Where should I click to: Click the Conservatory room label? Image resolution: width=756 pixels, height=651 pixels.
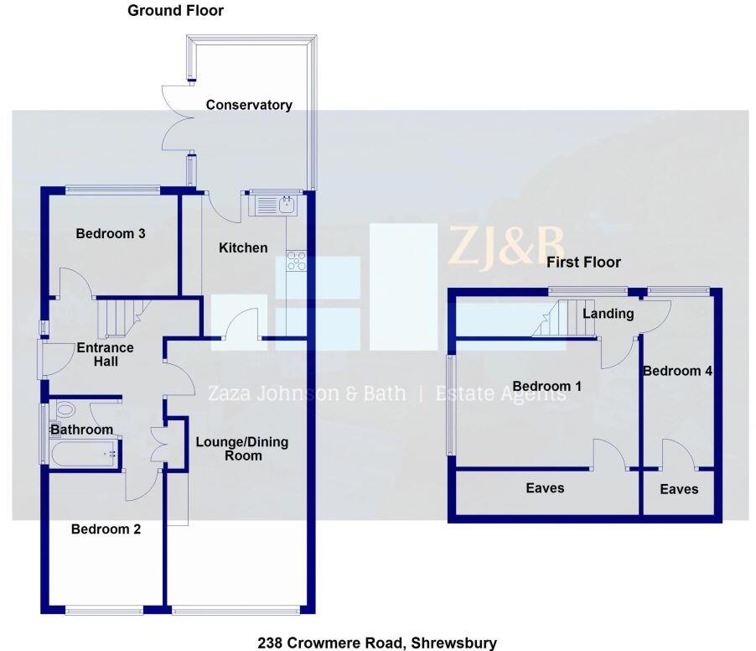249,105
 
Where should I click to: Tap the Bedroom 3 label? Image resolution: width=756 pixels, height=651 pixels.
111,233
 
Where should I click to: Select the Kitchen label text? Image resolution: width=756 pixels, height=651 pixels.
243,247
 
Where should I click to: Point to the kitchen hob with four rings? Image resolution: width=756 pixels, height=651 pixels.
297,261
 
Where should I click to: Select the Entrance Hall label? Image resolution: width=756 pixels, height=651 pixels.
105,354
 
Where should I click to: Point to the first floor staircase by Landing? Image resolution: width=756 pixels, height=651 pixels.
555,320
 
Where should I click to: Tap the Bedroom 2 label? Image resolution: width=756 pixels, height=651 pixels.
106,529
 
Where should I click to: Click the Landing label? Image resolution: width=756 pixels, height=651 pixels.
608,314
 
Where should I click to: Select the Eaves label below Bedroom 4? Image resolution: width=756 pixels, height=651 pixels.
678,489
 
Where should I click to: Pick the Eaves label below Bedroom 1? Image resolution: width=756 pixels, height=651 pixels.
545,487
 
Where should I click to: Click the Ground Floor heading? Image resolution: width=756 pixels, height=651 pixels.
175,11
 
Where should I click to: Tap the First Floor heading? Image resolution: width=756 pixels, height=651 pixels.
583,263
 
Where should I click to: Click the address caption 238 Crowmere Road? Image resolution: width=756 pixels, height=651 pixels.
376,643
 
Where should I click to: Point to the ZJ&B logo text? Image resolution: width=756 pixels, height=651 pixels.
505,246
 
